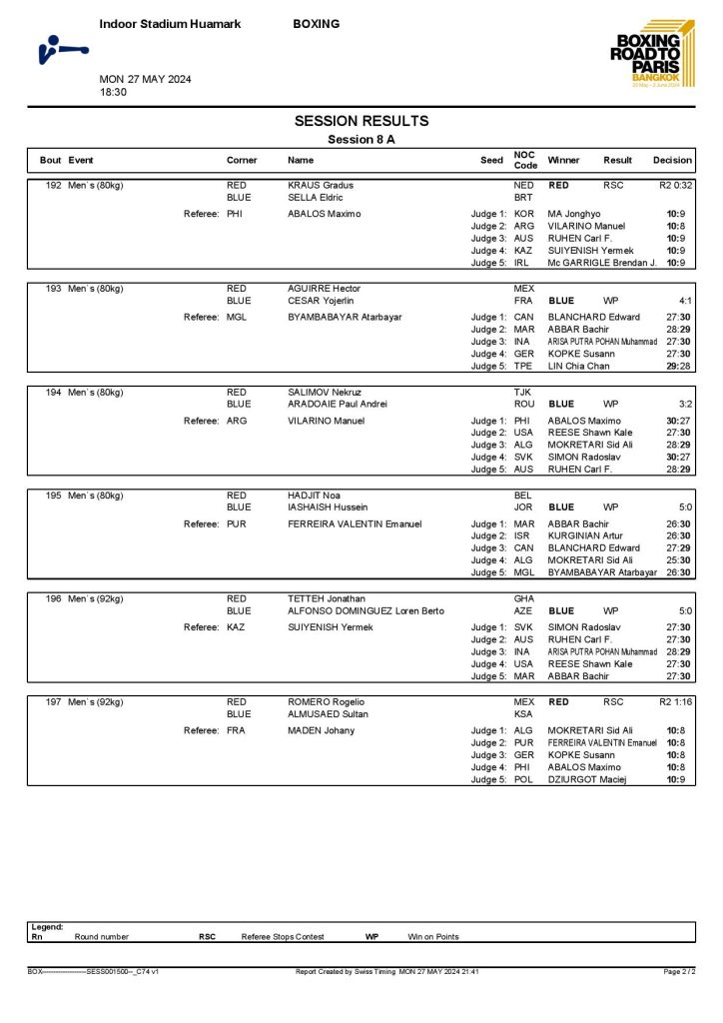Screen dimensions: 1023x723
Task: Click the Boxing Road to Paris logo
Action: click(649, 55)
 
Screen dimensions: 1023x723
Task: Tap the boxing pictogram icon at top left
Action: click(62, 49)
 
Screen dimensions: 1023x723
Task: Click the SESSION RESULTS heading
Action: click(361, 121)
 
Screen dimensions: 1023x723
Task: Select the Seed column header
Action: click(491, 160)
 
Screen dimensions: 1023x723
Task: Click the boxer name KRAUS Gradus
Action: click(321, 186)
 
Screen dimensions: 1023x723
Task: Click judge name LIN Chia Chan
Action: click(578, 367)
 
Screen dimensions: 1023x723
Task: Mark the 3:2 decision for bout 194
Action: click(684, 404)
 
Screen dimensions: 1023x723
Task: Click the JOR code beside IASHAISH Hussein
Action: click(523, 508)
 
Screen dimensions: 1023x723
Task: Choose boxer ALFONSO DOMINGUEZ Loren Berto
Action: click(363, 611)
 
